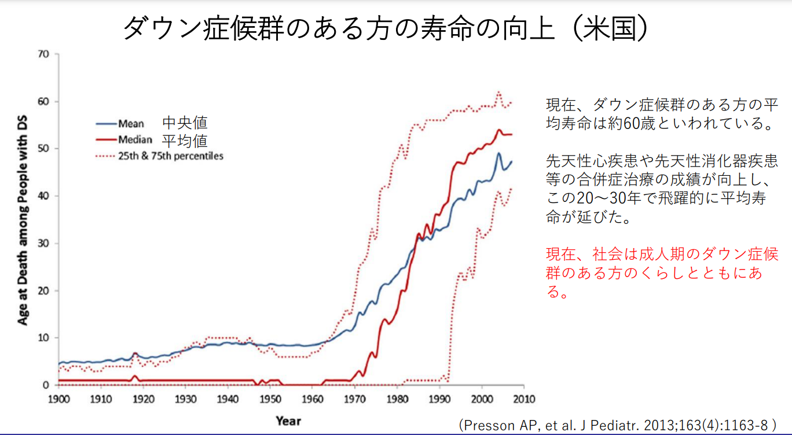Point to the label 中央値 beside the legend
click(x=185, y=123)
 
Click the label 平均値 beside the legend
click(x=185, y=140)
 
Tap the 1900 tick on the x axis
click(x=59, y=399)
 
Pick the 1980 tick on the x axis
click(x=397, y=399)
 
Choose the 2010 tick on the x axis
click(x=525, y=399)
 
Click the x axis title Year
click(x=288, y=421)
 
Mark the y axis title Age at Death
click(x=23, y=220)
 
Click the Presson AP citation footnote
click(x=617, y=425)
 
